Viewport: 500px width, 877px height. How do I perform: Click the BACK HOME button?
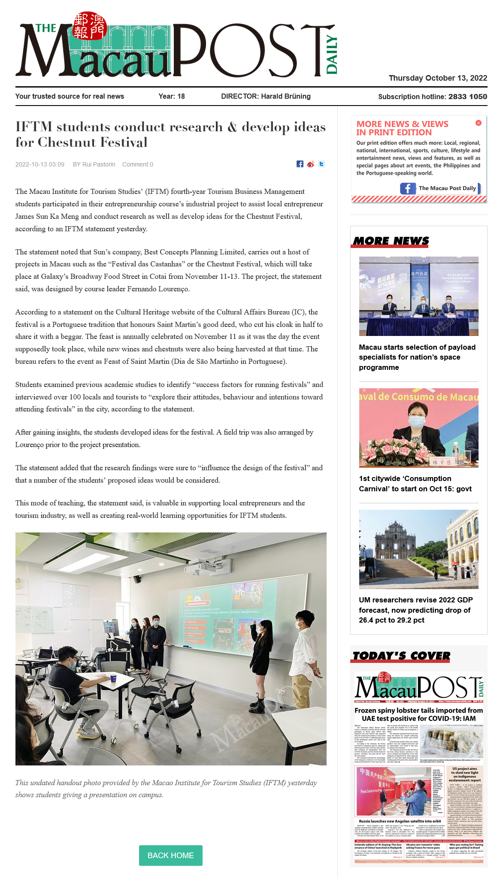170,855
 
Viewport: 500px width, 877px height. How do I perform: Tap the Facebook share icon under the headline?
300,164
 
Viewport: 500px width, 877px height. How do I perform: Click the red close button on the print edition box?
478,123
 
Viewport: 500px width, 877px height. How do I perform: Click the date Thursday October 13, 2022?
438,78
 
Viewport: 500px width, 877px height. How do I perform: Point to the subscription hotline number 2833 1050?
467,97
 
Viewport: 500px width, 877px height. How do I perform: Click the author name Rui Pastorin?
99,164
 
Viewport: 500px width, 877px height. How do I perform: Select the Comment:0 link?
137,164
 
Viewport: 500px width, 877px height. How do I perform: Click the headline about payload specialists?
417,357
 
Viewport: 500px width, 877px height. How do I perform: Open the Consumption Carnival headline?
415,484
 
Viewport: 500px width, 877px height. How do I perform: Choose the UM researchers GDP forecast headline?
415,610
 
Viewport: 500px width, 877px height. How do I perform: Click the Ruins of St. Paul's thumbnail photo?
418,549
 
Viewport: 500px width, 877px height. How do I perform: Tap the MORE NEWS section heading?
391,241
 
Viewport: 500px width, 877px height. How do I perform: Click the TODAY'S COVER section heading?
401,656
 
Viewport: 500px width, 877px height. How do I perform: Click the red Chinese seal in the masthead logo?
89,26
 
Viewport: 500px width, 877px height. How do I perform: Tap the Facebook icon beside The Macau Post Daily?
408,188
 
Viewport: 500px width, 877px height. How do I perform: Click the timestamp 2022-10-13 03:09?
40,164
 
